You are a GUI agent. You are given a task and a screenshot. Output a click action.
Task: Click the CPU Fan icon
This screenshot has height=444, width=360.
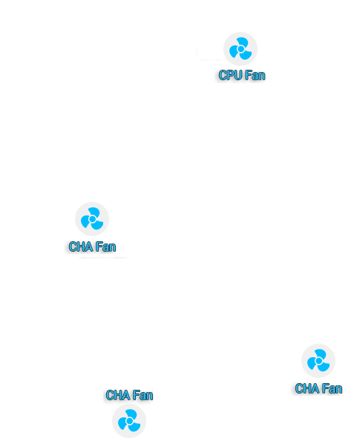click(240, 49)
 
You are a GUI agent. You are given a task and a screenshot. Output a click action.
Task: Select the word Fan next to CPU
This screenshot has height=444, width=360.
click(255, 75)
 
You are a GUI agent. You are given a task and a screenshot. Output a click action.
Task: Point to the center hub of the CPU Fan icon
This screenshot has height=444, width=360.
click(240, 49)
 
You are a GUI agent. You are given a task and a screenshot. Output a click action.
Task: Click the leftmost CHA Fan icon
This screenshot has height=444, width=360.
click(92, 219)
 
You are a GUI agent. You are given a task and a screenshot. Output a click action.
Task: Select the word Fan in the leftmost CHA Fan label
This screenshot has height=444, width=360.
click(105, 247)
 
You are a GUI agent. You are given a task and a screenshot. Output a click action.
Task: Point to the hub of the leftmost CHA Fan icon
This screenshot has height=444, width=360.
click(92, 219)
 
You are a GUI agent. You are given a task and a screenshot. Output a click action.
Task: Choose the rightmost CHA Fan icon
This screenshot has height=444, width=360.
click(318, 361)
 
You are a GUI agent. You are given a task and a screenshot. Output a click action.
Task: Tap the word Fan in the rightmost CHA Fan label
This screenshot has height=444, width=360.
click(332, 388)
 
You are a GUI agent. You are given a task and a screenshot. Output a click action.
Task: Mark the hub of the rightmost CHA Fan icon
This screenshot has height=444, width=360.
click(318, 361)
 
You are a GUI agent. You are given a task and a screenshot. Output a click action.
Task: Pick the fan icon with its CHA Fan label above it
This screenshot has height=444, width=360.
click(129, 421)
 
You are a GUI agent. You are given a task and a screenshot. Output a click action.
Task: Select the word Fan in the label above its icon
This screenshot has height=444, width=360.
click(143, 395)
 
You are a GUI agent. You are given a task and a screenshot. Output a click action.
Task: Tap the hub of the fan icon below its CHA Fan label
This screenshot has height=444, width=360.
click(129, 421)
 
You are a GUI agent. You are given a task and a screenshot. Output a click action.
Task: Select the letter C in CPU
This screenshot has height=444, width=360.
click(223, 75)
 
